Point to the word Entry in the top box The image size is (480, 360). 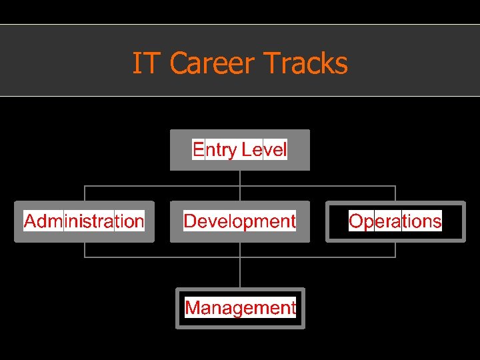pos(214,149)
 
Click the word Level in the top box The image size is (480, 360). pos(265,149)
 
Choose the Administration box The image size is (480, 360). pos(84,221)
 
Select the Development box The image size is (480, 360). pos(239,221)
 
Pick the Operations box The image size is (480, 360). pos(395,221)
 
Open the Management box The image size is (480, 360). pos(240,308)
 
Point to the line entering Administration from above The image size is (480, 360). pos(85,193)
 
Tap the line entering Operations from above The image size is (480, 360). pos(395,193)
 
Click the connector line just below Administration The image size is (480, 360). pos(85,249)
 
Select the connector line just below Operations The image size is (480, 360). pos(395,249)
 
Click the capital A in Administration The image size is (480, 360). pos(31,221)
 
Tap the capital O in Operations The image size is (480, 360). pos(356,221)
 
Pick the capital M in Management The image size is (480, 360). pos(193,308)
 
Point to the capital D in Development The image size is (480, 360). pos(191,221)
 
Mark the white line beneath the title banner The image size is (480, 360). pos(240,96)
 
